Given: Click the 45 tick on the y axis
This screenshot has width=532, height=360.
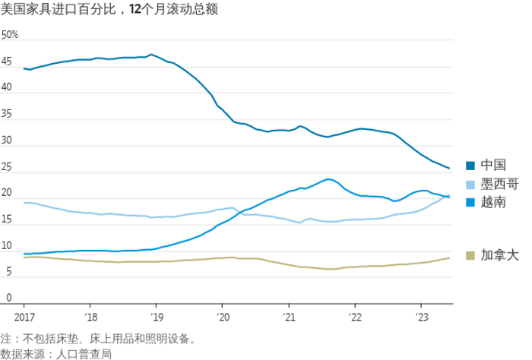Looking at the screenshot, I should coord(7,62).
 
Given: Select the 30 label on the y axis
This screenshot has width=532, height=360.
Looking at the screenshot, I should coord(7,141).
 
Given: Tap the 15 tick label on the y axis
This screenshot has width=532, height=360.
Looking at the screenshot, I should coord(7,220).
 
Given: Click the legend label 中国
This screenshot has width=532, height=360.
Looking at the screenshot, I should coord(490,166).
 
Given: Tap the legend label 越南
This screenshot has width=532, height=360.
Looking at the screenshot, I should coord(490,202).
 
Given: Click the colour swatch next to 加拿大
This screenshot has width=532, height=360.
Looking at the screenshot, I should coord(471,256).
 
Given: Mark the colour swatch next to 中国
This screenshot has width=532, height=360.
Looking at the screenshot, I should coord(471,166).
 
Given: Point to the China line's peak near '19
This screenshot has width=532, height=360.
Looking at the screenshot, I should coord(151,55).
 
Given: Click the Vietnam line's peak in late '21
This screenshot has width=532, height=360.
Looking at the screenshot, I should coord(328,179).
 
